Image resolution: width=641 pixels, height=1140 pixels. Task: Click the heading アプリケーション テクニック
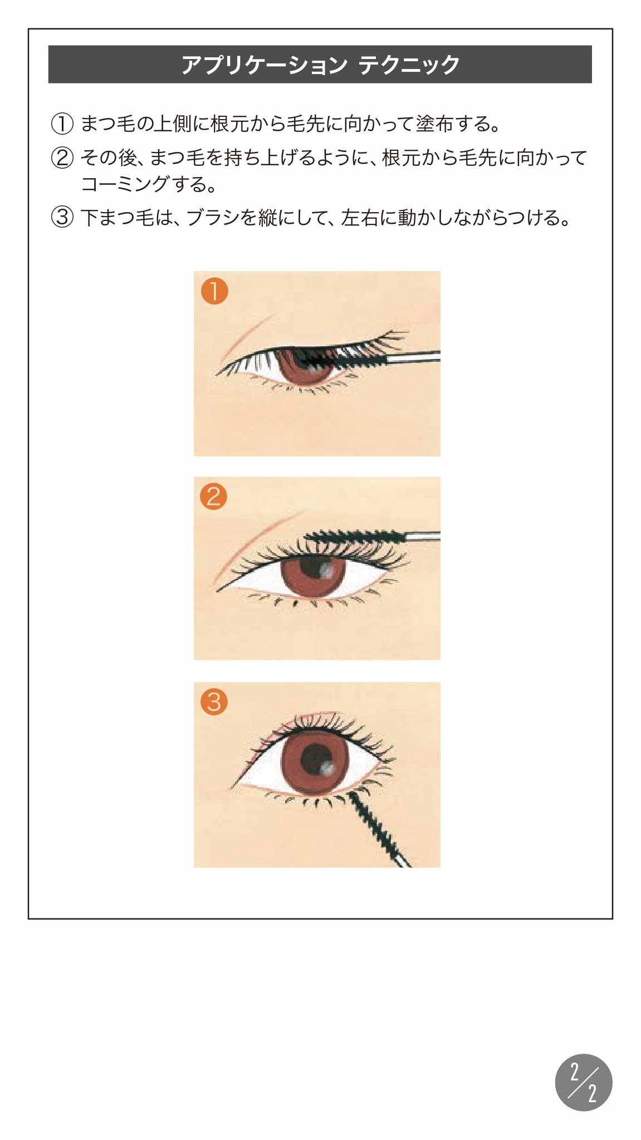[x=320, y=65]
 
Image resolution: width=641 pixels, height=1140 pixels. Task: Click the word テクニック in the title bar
[x=409, y=65]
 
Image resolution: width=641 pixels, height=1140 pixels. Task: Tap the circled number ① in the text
[x=62, y=124]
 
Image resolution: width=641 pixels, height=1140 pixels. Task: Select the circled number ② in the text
[x=62, y=158]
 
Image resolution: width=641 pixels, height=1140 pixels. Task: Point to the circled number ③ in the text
[x=62, y=217]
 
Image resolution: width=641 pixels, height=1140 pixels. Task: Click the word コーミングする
[x=144, y=184]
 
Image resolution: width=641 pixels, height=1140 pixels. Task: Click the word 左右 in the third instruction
[x=360, y=217]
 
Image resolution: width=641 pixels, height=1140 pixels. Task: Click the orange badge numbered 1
[x=214, y=291]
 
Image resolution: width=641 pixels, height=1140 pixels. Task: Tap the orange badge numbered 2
[x=214, y=496]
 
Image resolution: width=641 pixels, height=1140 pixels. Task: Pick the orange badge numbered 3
[x=214, y=701]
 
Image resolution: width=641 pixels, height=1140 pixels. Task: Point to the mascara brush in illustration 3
[x=379, y=828]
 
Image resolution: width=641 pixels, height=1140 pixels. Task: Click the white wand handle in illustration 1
[x=413, y=357]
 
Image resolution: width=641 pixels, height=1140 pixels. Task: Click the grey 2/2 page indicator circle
[x=584, y=1082]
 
